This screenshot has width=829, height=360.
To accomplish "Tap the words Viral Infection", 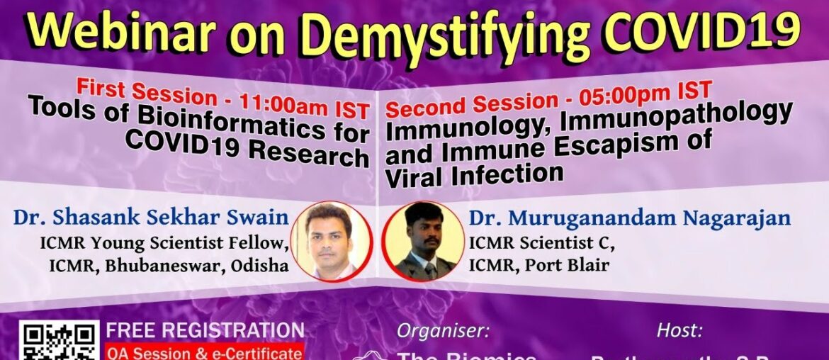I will (x=474, y=173).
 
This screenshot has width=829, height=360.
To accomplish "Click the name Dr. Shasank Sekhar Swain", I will (x=151, y=217).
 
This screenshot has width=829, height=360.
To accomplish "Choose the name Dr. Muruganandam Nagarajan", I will (x=629, y=218).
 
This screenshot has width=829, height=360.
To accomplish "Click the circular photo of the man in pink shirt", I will (x=331, y=242).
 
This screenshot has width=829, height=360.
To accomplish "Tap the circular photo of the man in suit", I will (x=423, y=242).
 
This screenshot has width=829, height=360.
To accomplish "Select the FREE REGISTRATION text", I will (x=205, y=330).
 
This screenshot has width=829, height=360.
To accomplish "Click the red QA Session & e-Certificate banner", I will (x=204, y=352).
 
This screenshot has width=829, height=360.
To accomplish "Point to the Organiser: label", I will (x=443, y=331).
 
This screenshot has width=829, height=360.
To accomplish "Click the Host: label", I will (x=679, y=331).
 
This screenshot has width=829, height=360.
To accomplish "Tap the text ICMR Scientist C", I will (x=541, y=243).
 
